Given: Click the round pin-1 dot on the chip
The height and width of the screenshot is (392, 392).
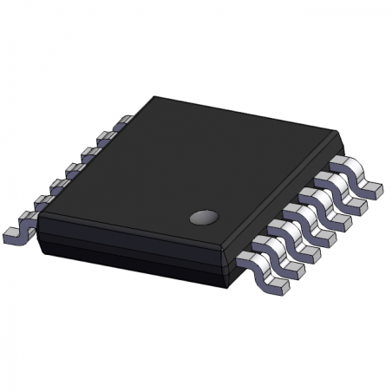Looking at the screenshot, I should click(x=204, y=214).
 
